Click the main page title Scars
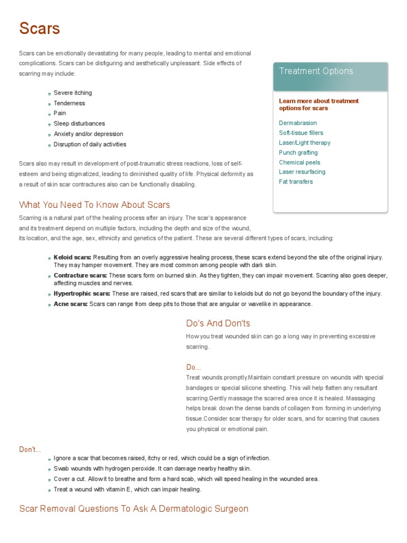40,29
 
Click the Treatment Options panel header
316,71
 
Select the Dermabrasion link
298,123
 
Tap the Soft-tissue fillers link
300,133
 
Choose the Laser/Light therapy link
304,143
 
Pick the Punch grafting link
298,153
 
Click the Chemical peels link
299,162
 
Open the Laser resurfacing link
302,172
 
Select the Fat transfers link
296,182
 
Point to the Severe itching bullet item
73,93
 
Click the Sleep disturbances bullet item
79,124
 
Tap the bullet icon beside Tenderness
49,104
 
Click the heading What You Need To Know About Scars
94,205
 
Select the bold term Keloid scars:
73,257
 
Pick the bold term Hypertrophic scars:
82,294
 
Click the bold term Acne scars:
70,304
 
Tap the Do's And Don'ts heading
218,323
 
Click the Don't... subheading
30,450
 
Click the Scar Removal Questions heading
134,509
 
